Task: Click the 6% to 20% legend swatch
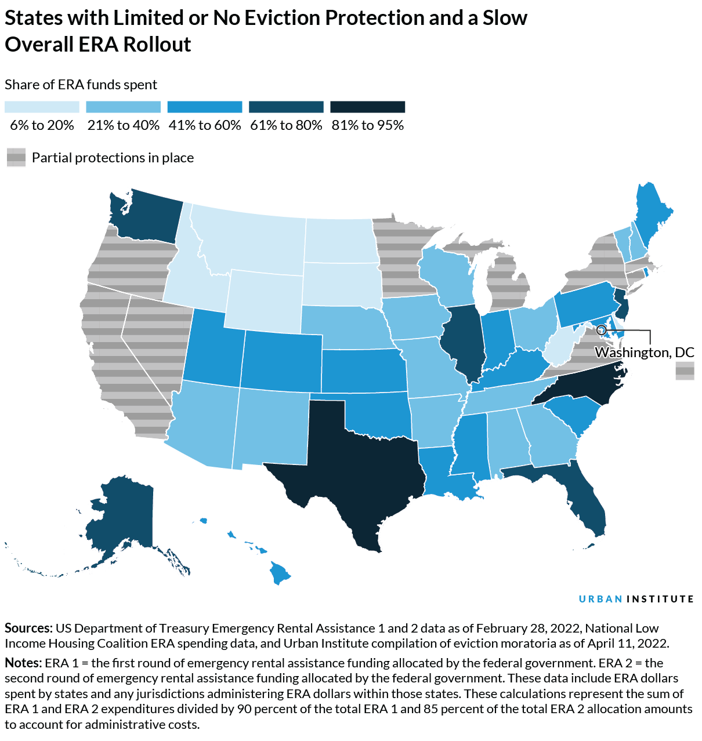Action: pyautogui.click(x=42, y=107)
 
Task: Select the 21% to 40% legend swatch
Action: pyautogui.click(x=123, y=107)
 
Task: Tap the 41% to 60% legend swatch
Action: pyautogui.click(x=204, y=107)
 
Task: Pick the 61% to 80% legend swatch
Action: pyautogui.click(x=286, y=107)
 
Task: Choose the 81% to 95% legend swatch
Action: pyautogui.click(x=367, y=107)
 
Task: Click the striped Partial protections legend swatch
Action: pyautogui.click(x=16, y=157)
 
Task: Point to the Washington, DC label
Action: pyautogui.click(x=645, y=353)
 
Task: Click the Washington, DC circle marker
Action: pyautogui.click(x=601, y=330)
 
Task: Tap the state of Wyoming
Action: pyautogui.click(x=264, y=302)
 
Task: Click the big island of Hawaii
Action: pyautogui.click(x=279, y=574)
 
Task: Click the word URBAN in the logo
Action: pyautogui.click(x=600, y=599)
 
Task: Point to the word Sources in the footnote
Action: pyautogui.click(x=28, y=628)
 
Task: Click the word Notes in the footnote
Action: pyautogui.click(x=23, y=663)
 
